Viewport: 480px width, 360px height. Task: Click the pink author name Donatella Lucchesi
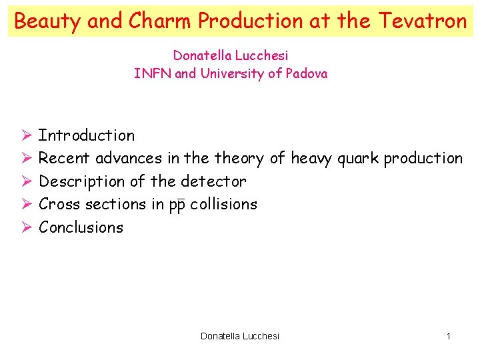click(x=231, y=55)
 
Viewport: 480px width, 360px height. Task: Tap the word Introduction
click(x=87, y=135)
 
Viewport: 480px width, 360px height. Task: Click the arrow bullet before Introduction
click(x=26, y=135)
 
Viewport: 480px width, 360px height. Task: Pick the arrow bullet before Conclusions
click(x=26, y=227)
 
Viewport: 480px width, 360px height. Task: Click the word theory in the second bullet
click(x=239, y=159)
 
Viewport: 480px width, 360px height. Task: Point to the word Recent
click(x=65, y=159)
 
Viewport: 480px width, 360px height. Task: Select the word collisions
click(x=223, y=204)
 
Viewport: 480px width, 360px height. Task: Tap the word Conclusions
click(x=81, y=227)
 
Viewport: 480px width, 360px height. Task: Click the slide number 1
click(x=449, y=336)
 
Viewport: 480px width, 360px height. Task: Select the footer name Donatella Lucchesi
click(x=240, y=336)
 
